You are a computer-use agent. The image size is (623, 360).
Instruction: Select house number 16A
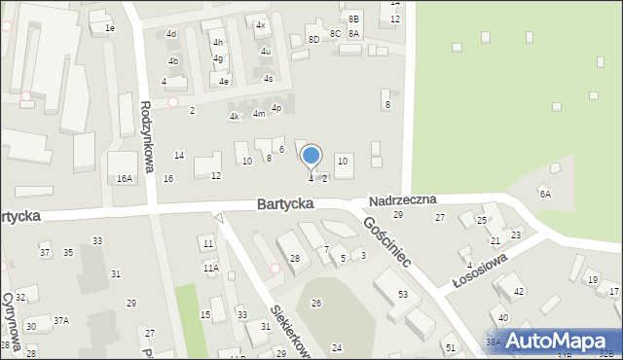(124, 179)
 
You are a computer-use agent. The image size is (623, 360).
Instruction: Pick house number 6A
(546, 194)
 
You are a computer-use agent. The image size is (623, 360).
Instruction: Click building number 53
(402, 294)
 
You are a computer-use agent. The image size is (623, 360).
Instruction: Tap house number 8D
(313, 39)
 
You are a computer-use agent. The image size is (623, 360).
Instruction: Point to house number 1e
(110, 28)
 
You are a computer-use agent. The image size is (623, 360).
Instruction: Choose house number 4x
(260, 24)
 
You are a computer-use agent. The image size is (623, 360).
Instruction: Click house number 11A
(210, 268)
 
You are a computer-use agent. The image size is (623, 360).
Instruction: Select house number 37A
(61, 320)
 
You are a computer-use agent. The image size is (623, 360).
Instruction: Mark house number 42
(519, 292)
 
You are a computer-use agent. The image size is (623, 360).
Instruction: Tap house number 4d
(171, 34)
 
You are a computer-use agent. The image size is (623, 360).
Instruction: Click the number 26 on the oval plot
(316, 304)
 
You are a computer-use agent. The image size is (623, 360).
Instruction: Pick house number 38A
(494, 342)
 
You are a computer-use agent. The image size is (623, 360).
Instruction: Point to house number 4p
(276, 108)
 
